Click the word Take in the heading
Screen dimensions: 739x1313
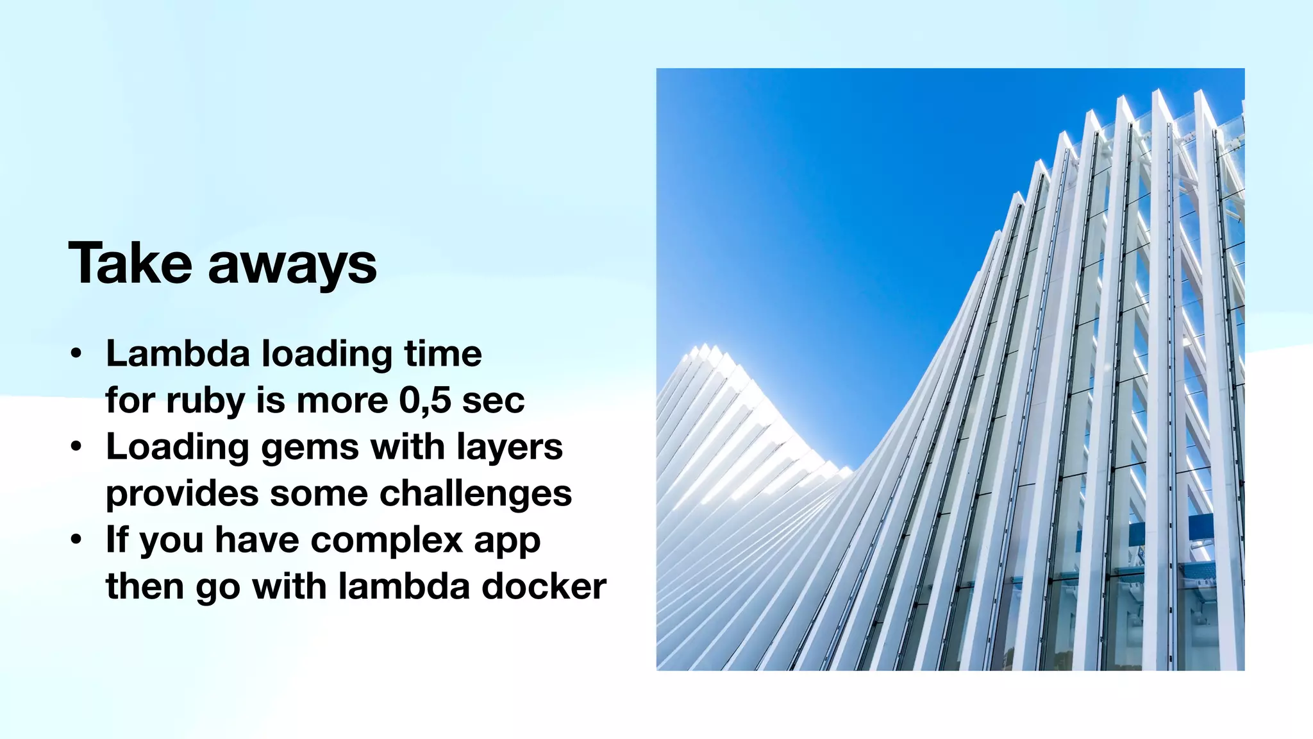(130, 263)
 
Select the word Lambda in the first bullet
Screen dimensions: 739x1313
(178, 353)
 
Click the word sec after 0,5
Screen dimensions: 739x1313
(493, 401)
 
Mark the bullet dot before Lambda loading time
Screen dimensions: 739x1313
(76, 354)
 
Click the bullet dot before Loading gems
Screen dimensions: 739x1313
(76, 447)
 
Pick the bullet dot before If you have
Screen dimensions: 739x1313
(76, 540)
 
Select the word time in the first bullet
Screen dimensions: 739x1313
(442, 353)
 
